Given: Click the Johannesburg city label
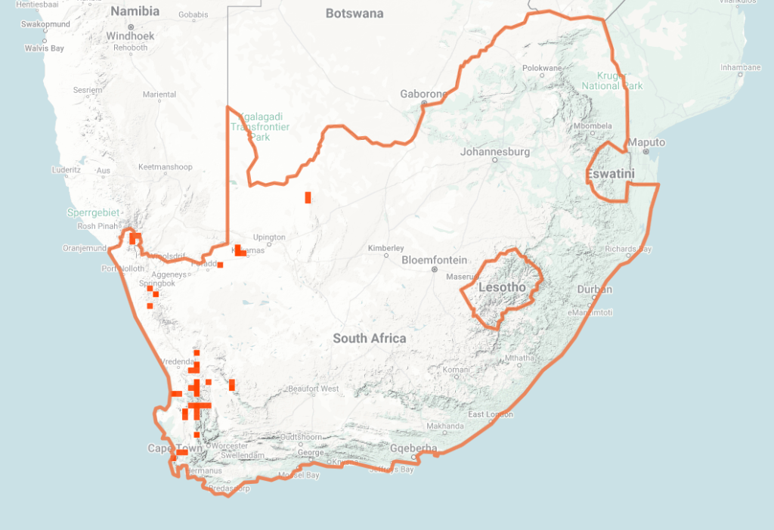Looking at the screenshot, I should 495,152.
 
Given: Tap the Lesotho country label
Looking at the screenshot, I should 502,287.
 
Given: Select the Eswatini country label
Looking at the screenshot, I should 610,175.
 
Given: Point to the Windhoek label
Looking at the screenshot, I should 130,36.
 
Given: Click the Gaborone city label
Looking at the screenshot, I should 423,95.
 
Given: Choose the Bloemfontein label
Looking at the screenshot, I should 434,259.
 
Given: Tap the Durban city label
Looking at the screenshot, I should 594,290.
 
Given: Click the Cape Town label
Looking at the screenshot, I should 175,448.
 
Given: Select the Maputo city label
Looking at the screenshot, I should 647,143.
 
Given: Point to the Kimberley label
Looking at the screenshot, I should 385,248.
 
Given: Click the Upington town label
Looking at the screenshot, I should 269,237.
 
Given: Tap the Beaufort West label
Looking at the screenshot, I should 313,389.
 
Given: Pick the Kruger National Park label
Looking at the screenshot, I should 612,80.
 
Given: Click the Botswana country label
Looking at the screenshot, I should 354,14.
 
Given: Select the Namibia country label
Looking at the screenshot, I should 135,11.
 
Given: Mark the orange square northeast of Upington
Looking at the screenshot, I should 308,197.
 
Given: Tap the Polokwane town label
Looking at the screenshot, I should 542,68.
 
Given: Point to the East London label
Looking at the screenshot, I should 490,414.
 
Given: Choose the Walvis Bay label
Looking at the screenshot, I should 45,48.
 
